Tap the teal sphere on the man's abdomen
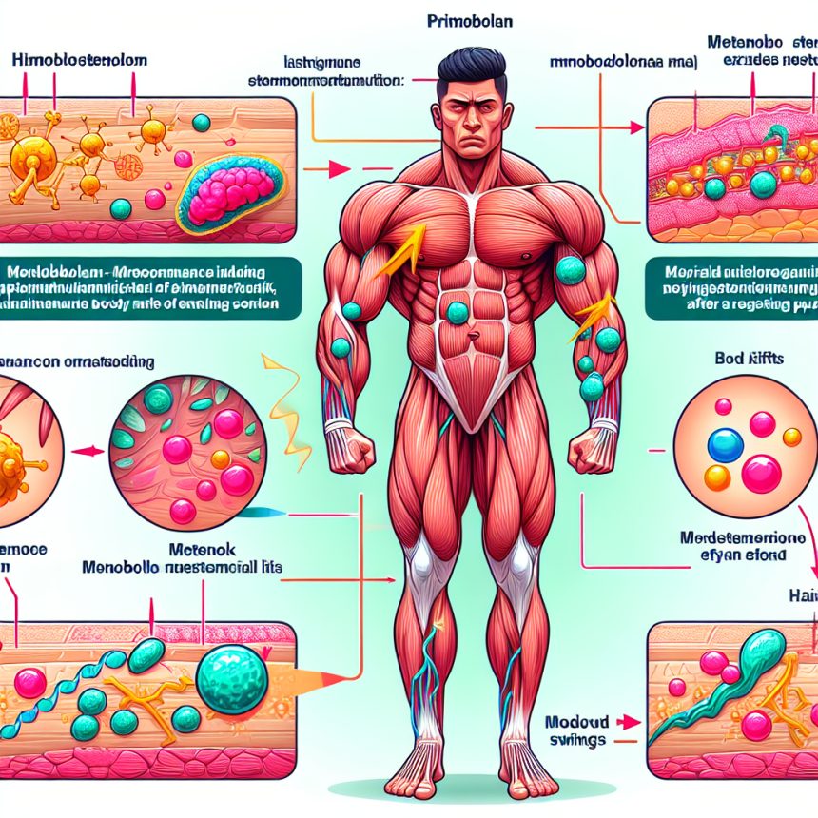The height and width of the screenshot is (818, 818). point(458,312)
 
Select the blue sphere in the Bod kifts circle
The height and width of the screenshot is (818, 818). point(726,444)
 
